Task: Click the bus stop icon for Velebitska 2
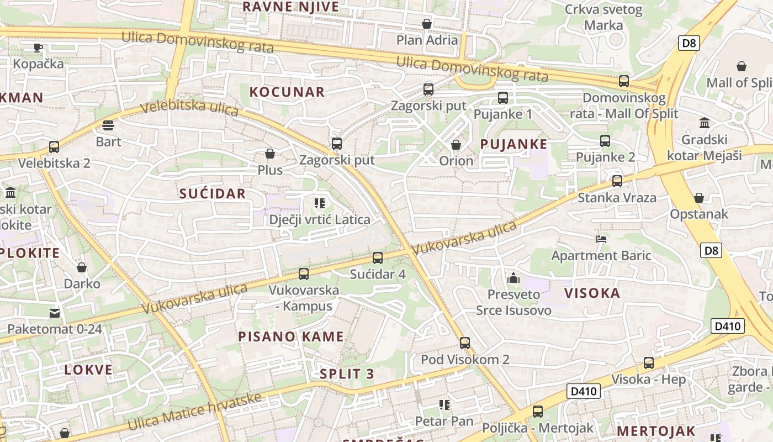[54, 147]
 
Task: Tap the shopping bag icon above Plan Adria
[427, 24]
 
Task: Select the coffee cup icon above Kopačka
[38, 48]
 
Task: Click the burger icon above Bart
[108, 125]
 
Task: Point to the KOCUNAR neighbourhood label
[287, 92]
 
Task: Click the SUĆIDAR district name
[213, 193]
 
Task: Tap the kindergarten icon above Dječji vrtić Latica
[319, 203]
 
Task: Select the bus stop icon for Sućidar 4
[378, 257]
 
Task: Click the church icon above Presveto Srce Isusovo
[513, 278]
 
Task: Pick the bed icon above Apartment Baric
[601, 239]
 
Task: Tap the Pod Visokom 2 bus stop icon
[465, 343]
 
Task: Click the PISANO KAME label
[291, 336]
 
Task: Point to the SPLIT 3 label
[347, 374]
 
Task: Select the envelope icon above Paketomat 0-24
[55, 313]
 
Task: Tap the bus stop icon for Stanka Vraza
[617, 181]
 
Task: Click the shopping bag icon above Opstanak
[699, 198]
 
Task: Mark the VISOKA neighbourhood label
[592, 293]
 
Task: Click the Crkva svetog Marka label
[603, 17]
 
